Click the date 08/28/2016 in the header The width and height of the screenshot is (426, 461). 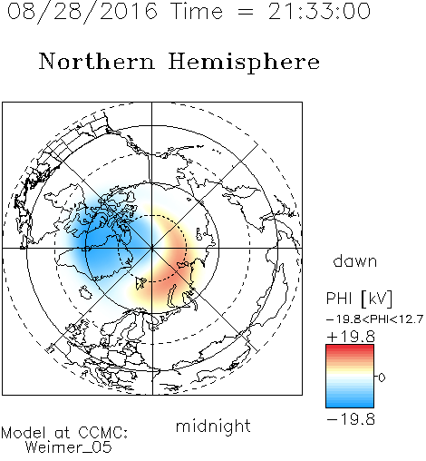82,12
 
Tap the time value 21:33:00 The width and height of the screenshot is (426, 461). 319,11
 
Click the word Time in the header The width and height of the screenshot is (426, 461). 197,11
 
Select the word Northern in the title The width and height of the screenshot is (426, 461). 97,61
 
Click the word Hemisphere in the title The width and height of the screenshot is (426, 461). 244,63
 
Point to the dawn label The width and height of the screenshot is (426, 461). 355,260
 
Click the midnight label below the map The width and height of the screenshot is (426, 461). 213,426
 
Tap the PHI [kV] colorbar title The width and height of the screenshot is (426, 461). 359,299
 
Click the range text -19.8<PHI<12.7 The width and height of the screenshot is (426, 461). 374,319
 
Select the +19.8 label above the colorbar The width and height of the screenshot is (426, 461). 351,337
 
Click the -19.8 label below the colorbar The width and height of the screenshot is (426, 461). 351,419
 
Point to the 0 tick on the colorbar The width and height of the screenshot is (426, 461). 382,378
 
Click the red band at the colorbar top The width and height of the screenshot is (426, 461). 350,348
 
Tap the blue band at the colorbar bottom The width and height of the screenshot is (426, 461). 350,404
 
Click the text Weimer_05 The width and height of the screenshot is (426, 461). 69,446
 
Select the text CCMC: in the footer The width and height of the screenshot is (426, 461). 102,433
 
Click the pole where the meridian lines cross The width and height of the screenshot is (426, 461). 151,249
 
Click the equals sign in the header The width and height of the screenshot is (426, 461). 246,12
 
